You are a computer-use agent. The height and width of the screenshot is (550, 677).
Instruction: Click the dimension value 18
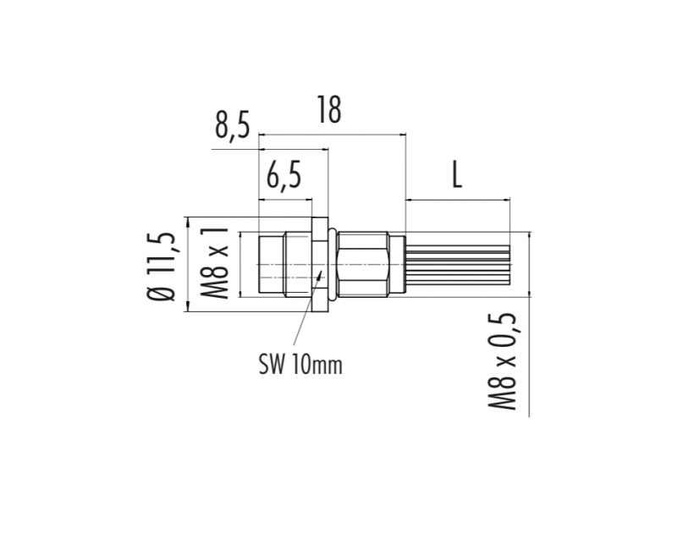point(329,110)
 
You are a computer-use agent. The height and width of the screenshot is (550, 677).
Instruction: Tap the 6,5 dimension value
point(283,176)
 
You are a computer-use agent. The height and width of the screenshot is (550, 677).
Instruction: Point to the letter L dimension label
point(457,174)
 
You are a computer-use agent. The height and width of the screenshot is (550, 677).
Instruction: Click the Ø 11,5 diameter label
point(162,267)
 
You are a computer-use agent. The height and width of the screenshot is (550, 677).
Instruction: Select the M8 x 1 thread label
point(214,263)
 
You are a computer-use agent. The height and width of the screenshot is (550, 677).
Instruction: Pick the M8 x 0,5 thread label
point(503,361)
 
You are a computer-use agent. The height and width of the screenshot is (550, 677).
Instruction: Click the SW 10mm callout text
point(300,365)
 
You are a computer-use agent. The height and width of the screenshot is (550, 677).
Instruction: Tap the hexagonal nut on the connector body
point(363,264)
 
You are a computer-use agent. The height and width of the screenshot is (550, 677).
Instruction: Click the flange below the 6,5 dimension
point(320,264)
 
